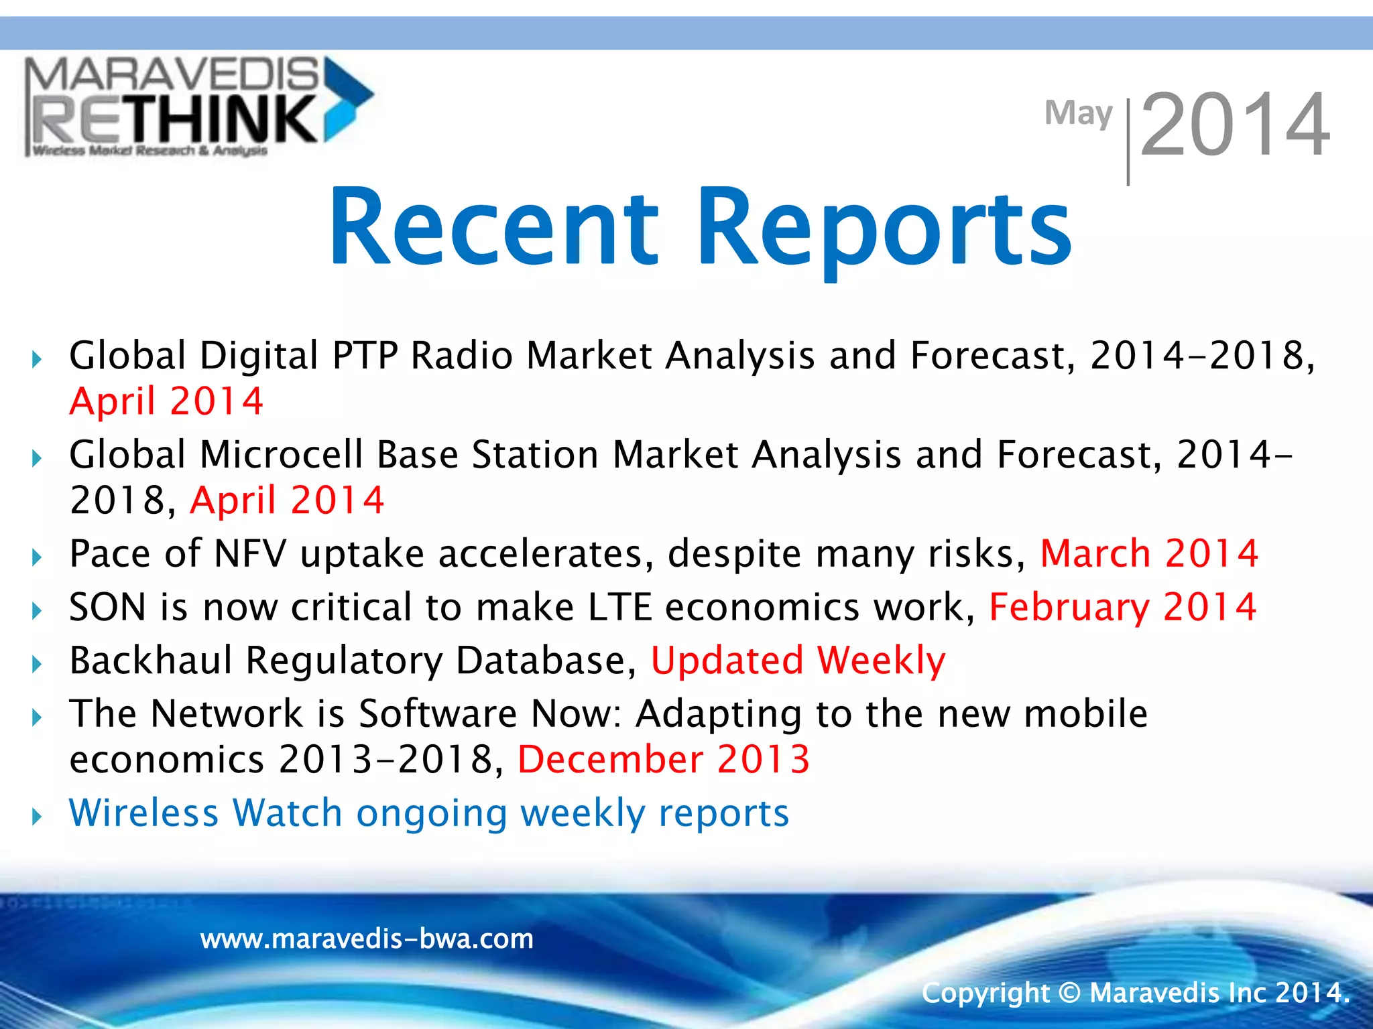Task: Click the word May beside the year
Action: click(1078, 114)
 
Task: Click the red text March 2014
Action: click(1149, 554)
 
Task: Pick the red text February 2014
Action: click(1122, 608)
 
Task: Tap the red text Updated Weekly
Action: click(798, 661)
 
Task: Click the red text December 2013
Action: click(664, 760)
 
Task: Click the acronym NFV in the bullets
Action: click(249, 554)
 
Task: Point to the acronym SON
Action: click(107, 608)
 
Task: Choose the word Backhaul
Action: click(150, 661)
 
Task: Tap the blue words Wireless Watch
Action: click(205, 813)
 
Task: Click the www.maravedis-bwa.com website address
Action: click(367, 939)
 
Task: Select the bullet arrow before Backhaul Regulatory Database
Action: click(37, 664)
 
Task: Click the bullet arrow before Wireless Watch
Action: click(37, 817)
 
